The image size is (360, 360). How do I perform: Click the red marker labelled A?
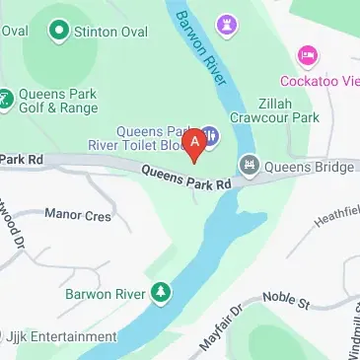(x=195, y=143)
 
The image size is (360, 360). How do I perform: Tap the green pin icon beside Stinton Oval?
(x=60, y=33)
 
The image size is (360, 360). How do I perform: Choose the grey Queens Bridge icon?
(x=250, y=167)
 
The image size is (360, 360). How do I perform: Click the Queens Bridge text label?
(x=307, y=167)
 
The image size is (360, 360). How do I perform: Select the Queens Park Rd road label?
(x=186, y=178)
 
